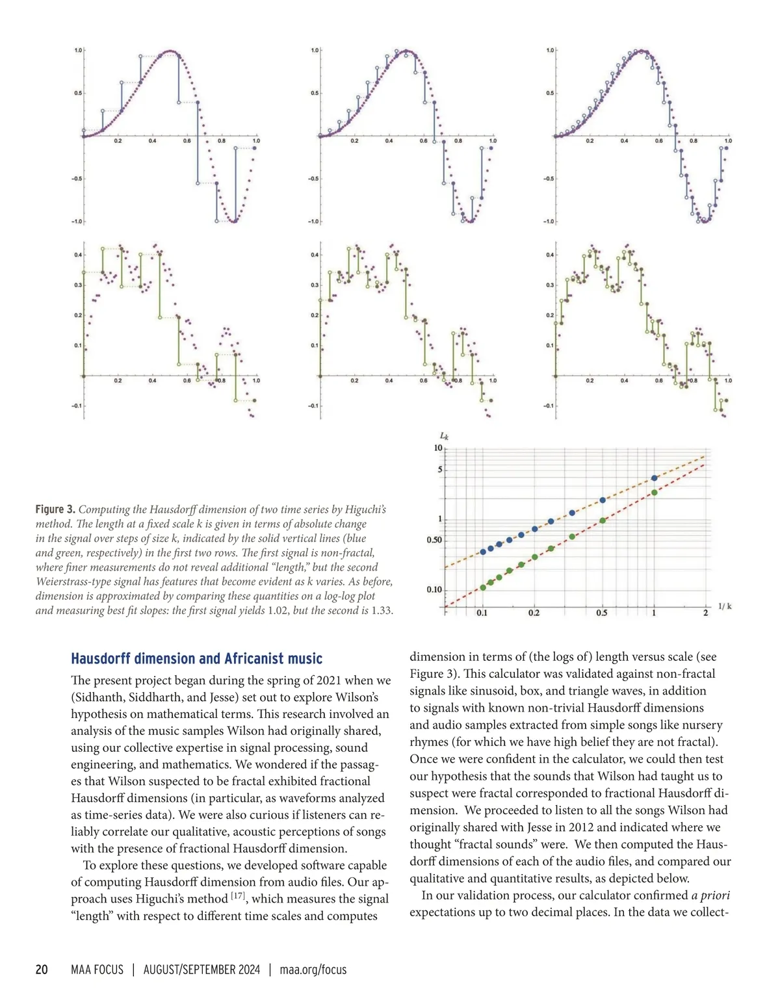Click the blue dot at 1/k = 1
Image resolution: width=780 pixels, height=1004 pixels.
654,478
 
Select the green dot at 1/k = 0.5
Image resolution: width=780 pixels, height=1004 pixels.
603,521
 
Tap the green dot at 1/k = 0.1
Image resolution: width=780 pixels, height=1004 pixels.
483,587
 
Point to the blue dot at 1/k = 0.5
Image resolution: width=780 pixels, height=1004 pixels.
603,500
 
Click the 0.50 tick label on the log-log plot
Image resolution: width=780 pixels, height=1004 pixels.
434,540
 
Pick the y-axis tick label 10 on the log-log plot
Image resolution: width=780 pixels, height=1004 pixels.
437,448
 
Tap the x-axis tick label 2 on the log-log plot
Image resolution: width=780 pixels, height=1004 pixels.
705,613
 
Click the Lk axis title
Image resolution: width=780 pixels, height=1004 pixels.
445,437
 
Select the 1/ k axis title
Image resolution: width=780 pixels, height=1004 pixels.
725,606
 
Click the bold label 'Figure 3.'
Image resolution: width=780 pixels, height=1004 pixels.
55,509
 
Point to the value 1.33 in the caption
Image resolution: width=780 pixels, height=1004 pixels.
381,610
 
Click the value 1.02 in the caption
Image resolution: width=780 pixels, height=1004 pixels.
278,610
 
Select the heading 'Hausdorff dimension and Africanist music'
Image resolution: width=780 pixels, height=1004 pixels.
196,659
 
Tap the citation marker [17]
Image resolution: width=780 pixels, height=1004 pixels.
237,897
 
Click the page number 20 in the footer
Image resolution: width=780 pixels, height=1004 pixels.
42,970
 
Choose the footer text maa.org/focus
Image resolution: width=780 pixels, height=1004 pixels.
313,970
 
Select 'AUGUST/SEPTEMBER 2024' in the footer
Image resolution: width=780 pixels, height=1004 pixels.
201,970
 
